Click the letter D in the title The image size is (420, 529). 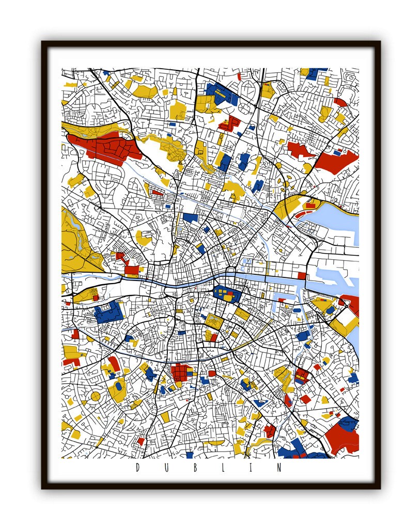coord(138,468)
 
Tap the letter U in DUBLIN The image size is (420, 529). coord(166,468)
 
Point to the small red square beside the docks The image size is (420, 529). coord(302,275)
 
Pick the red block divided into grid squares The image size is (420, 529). coord(180,371)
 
